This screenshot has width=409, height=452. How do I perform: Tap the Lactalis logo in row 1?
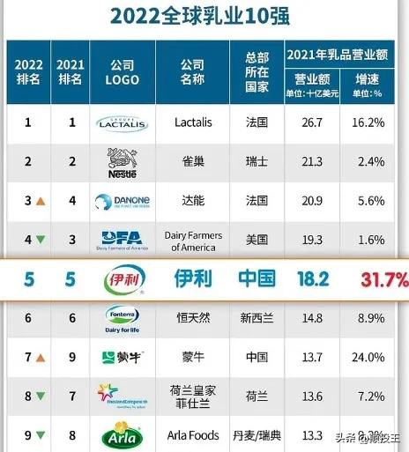click(x=123, y=122)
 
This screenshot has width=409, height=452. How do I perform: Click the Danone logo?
click(x=123, y=202)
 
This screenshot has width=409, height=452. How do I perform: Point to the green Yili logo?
click(x=123, y=280)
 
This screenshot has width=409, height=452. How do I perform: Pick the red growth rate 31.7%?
click(x=383, y=280)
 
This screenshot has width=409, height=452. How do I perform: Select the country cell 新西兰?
click(x=257, y=318)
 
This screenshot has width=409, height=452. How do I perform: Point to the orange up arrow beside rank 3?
click(x=41, y=202)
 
